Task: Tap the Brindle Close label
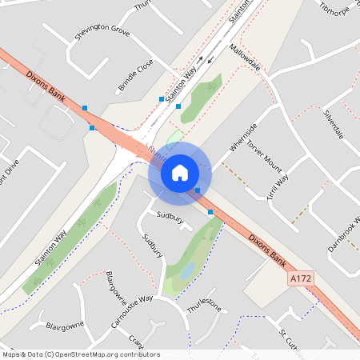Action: (x=135, y=74)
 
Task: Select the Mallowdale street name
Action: (x=246, y=58)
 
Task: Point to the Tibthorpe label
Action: (x=336, y=8)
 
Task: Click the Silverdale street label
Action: (x=333, y=124)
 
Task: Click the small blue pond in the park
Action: (x=187, y=271)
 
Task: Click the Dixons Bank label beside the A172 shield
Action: (x=266, y=250)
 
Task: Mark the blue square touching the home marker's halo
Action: (x=198, y=190)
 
